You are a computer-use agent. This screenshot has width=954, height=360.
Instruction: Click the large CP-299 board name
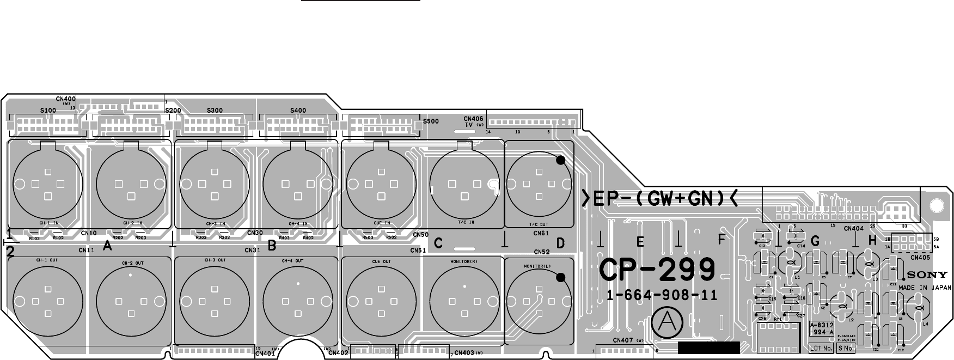(657, 270)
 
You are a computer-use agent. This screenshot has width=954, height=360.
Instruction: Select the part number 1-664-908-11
(662, 296)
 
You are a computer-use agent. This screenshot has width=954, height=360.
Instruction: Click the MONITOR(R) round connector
(464, 301)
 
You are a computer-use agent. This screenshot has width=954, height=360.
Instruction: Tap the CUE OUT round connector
(381, 301)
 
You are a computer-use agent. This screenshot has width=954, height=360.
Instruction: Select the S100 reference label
(48, 110)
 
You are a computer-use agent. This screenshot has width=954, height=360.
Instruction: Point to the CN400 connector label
(66, 99)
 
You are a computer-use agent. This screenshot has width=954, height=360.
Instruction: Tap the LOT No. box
(822, 348)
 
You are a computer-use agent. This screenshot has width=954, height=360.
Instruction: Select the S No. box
(846, 348)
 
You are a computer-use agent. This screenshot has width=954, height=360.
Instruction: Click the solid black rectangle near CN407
(709, 348)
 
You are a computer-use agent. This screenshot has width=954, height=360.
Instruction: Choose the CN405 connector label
(920, 258)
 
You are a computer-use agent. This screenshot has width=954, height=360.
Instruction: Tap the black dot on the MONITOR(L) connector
(561, 277)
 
